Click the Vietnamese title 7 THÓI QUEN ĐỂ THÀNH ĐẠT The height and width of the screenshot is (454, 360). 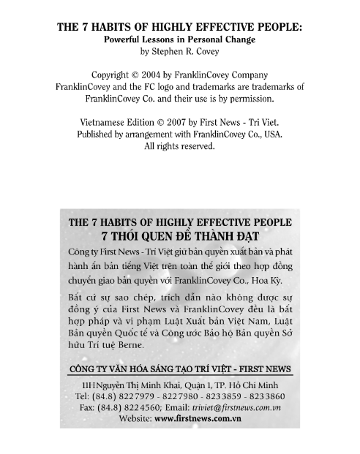[180, 237]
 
